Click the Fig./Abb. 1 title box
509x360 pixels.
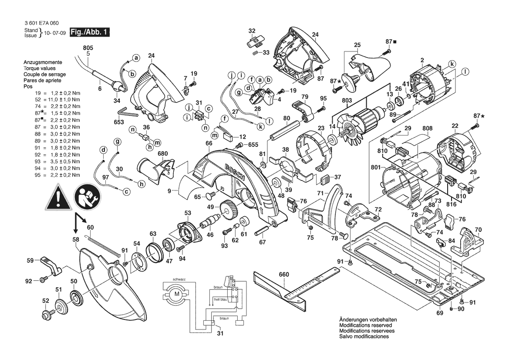point(90,32)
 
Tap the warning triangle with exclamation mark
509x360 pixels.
point(58,197)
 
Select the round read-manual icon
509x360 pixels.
point(88,196)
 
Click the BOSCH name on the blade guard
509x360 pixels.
point(235,171)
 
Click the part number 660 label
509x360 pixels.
point(283,275)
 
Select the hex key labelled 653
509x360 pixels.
point(128,112)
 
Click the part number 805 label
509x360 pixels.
point(88,48)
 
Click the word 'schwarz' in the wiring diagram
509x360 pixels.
point(179,280)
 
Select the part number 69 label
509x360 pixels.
point(439,313)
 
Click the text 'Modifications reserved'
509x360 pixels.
point(365,325)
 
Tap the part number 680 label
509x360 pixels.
point(163,154)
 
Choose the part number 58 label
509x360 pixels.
point(76,240)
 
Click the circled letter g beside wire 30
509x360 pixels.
point(118,142)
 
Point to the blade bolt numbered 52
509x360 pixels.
point(47,315)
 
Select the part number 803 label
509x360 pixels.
point(347,100)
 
